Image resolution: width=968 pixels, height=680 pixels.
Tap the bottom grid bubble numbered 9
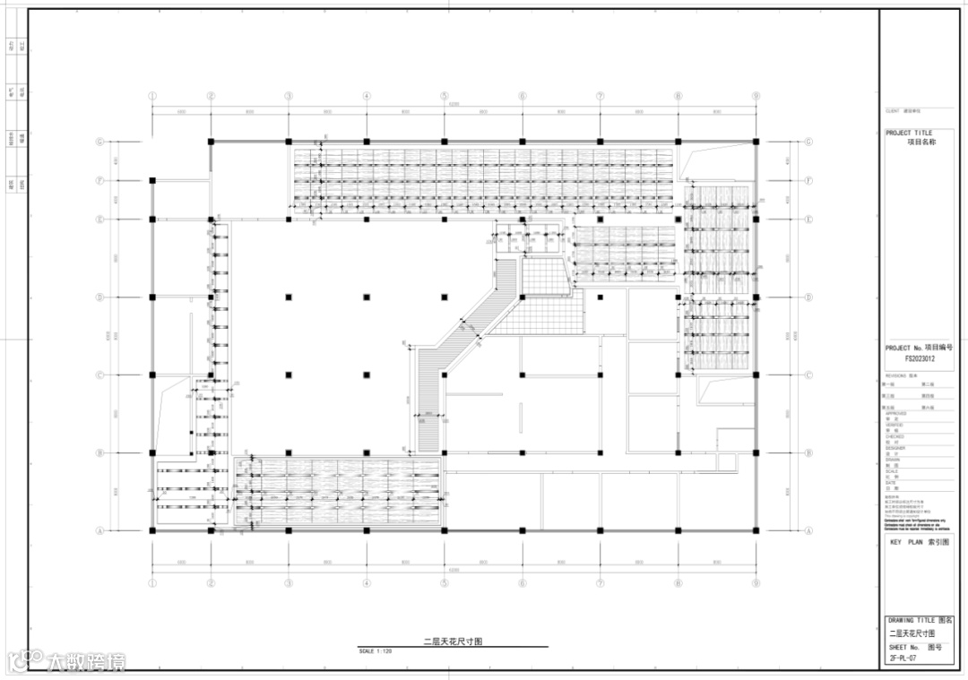(x=756, y=584)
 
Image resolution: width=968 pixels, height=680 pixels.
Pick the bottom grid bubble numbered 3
(x=289, y=584)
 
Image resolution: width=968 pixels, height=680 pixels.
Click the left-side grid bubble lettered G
(x=100, y=142)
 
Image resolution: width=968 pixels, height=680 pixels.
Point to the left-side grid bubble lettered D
(x=100, y=297)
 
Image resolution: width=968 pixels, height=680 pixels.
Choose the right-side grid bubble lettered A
(x=808, y=530)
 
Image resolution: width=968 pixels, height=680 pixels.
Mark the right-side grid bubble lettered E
(x=808, y=219)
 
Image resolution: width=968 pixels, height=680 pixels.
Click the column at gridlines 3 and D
(x=289, y=297)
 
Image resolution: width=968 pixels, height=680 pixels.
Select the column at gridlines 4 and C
(x=367, y=374)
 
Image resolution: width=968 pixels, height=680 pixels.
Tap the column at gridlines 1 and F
(x=152, y=181)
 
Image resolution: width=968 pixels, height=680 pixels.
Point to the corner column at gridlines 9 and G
(x=756, y=142)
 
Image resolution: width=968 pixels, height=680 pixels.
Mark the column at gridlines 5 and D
(x=444, y=297)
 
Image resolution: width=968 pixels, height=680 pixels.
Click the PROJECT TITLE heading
(x=908, y=133)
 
